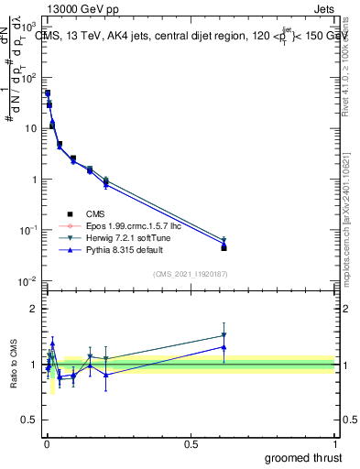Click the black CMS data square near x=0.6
pos(224,247)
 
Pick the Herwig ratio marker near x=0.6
pos(224,335)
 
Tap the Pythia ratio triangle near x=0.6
pos(224,347)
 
